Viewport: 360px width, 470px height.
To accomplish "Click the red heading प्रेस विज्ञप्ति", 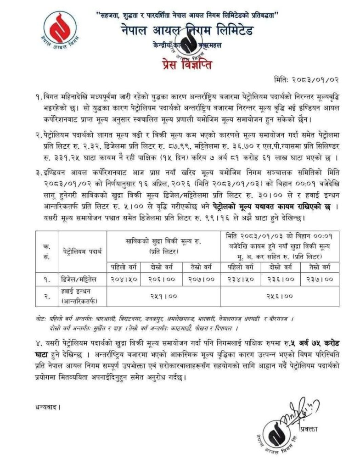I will pos(186,64).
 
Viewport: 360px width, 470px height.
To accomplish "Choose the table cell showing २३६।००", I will pos(281,278).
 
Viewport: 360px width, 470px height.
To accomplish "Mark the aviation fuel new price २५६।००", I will pos(281,297).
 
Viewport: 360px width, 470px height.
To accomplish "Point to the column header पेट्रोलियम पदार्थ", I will pos(83,250).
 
